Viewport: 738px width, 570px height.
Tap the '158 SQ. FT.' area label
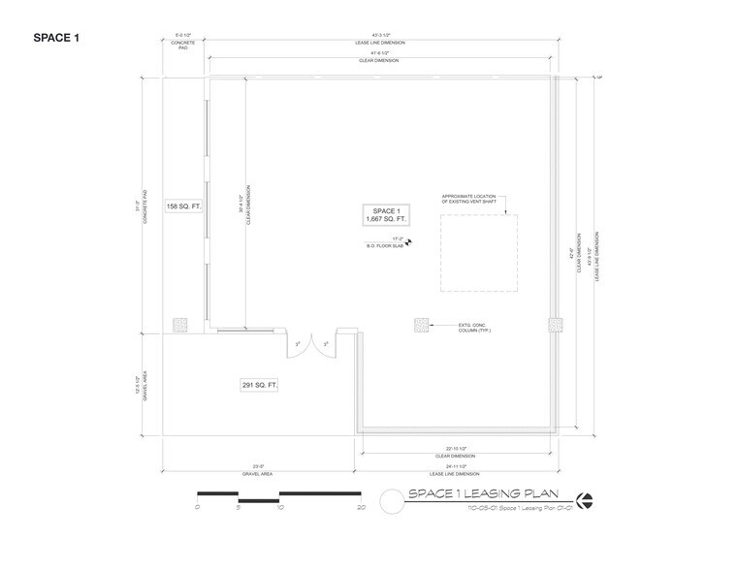[183, 206]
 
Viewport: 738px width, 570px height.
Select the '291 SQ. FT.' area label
[260, 385]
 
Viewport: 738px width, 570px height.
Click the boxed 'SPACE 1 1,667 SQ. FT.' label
[383, 215]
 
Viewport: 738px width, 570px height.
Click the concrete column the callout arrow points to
[420, 324]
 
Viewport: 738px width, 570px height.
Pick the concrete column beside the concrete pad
[179, 324]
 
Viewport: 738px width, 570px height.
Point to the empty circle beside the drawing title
[392, 501]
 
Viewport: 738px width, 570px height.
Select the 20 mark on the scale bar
[361, 507]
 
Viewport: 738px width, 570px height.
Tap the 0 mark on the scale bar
[197, 507]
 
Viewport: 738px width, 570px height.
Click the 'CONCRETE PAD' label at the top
[184, 45]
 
